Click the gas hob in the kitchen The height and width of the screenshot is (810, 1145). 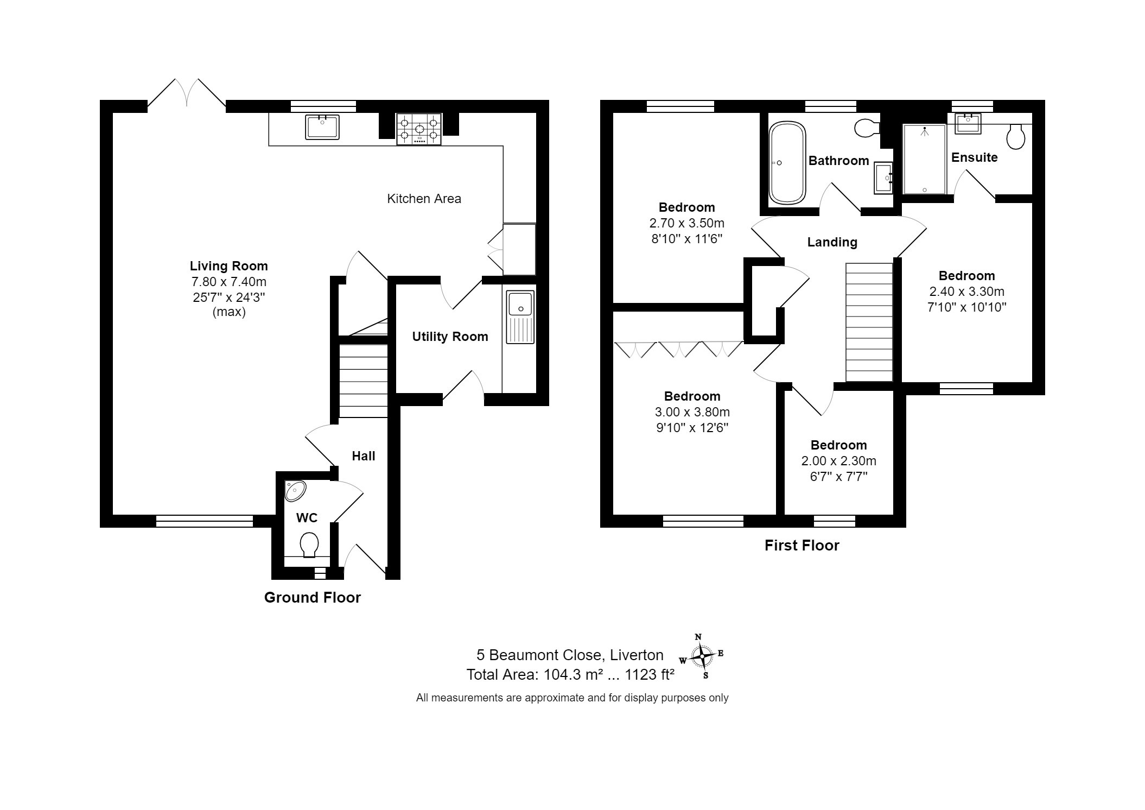tap(418, 129)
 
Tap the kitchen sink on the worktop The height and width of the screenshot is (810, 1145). tap(322, 127)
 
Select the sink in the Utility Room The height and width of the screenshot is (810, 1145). tap(520, 317)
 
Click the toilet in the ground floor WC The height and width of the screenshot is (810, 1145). tap(309, 545)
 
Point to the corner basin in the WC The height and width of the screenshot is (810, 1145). tap(295, 491)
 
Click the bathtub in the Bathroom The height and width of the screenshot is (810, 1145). tap(787, 163)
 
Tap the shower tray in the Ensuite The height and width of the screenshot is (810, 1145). tap(925, 159)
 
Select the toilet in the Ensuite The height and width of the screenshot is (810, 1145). tap(1015, 136)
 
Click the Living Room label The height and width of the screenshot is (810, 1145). tap(229, 266)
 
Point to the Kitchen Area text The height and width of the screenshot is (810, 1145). tap(424, 199)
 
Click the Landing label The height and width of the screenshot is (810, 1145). tap(832, 242)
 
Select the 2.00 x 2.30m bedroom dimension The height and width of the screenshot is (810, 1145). tap(838, 461)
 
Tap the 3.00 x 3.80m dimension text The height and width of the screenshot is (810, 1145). tap(692, 412)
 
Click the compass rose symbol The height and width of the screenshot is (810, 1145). tap(702, 656)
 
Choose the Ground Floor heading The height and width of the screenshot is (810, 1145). tap(313, 598)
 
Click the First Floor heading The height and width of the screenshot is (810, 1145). tap(802, 546)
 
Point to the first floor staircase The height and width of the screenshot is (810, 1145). tap(869, 322)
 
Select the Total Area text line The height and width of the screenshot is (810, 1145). tap(570, 675)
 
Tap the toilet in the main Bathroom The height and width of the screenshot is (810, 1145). tap(867, 129)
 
